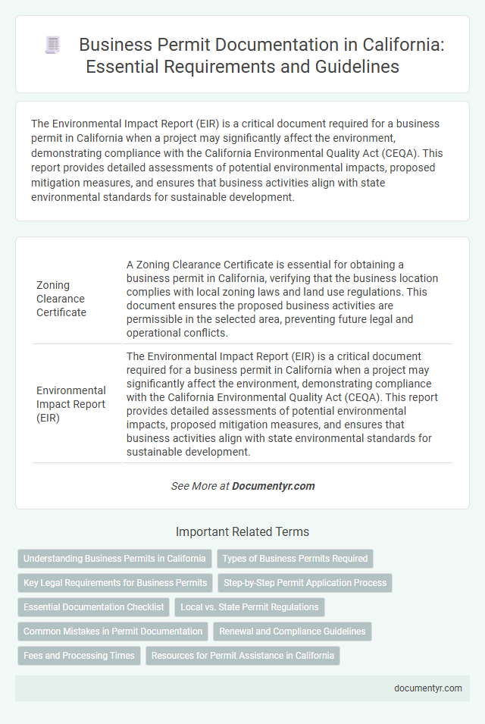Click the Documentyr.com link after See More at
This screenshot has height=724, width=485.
[274, 486]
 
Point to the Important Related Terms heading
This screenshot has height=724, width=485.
[242, 532]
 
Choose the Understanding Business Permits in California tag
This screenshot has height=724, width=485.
[114, 559]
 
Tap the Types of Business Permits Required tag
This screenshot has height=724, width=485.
[295, 559]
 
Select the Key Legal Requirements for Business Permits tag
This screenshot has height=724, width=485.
[114, 583]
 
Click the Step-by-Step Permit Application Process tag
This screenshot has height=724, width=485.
[304, 583]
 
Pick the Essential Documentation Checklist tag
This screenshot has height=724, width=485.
[93, 607]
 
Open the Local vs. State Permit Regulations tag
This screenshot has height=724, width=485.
[250, 607]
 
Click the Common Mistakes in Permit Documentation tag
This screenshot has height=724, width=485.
[113, 632]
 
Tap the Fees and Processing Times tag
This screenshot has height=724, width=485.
[79, 656]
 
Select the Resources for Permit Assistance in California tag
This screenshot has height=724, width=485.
[242, 656]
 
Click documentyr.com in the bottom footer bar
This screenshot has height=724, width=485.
[428, 688]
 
